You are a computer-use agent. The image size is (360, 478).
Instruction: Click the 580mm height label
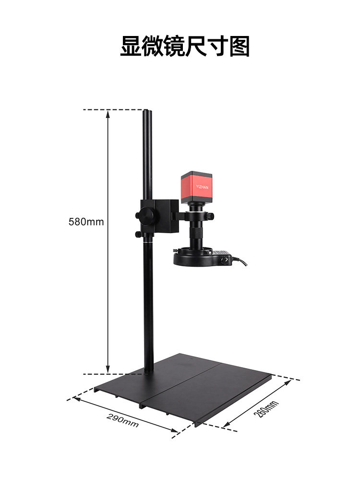(x=86, y=222)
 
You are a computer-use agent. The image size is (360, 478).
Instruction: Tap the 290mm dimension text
(x=122, y=420)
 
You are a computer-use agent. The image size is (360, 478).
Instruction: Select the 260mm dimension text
(x=266, y=409)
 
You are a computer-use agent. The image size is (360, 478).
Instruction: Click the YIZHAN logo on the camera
(x=202, y=187)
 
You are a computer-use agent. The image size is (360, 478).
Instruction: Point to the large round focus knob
(x=147, y=215)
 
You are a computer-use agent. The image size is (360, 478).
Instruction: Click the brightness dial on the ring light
(x=225, y=260)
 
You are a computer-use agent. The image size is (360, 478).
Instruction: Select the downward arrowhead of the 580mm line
(x=108, y=369)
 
